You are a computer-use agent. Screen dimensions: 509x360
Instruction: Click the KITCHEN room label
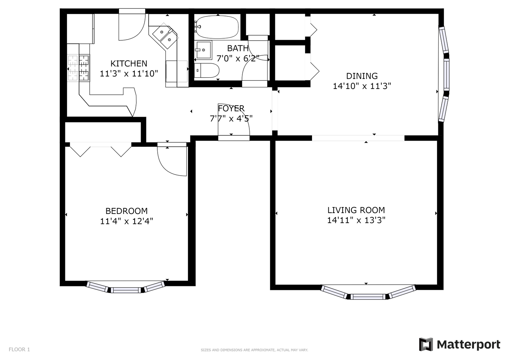(x=129, y=63)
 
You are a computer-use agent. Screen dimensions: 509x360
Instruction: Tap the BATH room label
(x=238, y=48)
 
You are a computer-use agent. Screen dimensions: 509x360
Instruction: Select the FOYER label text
(x=231, y=108)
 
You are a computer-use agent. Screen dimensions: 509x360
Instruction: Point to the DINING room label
(x=362, y=76)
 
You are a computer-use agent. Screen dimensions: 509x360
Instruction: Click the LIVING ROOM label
(x=356, y=210)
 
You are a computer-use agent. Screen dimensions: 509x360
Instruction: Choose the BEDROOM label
(x=127, y=211)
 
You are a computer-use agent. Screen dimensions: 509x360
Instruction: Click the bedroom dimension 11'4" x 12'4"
(x=127, y=221)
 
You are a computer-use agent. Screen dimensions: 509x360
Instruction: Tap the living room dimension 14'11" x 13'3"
(x=356, y=220)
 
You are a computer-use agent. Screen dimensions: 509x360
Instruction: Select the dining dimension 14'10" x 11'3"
(x=362, y=86)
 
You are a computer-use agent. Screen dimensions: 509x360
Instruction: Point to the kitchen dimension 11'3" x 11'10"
(x=129, y=74)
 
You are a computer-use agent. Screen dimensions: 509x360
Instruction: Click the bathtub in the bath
(x=217, y=27)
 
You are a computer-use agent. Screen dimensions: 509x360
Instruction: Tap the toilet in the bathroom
(x=207, y=70)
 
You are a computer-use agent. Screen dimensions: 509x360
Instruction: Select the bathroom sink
(x=203, y=50)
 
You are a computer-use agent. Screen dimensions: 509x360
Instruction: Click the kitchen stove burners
(x=79, y=68)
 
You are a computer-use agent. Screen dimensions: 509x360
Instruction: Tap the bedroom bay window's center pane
(x=126, y=290)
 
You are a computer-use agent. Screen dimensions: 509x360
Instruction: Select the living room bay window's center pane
(x=368, y=297)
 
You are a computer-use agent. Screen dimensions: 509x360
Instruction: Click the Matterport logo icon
(x=426, y=344)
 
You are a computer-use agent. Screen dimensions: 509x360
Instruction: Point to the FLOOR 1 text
(x=19, y=349)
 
